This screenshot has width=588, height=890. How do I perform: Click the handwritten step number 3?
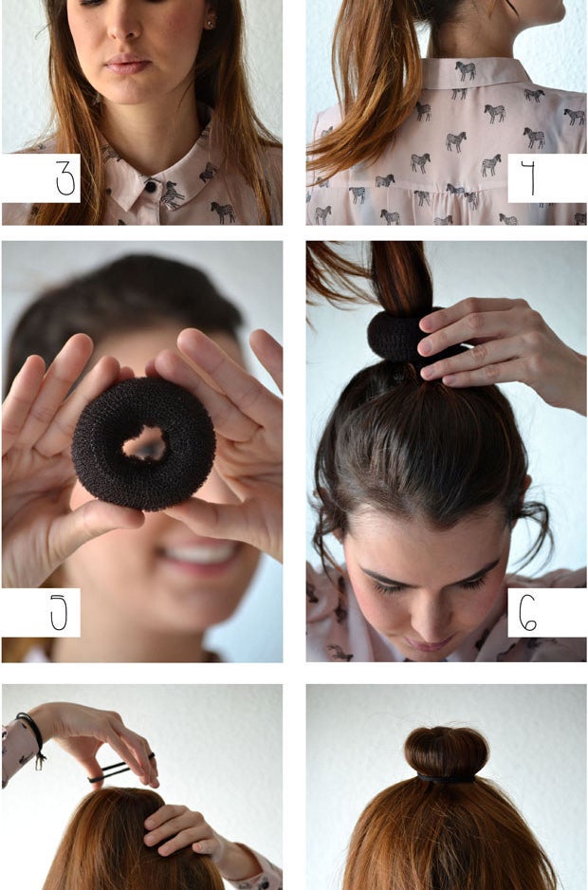(x=65, y=178)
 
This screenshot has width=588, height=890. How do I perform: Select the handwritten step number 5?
(x=59, y=612)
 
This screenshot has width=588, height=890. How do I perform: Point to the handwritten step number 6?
(x=527, y=613)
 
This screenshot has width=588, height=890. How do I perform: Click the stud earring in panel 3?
(x=210, y=24)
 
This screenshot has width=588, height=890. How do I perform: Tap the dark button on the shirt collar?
(x=151, y=186)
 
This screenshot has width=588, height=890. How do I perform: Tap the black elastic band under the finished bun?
(x=446, y=779)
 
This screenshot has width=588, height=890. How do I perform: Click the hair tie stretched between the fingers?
(x=119, y=769)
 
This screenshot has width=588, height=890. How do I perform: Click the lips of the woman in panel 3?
(x=128, y=65)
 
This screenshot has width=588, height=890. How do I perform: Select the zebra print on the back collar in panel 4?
(x=466, y=70)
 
